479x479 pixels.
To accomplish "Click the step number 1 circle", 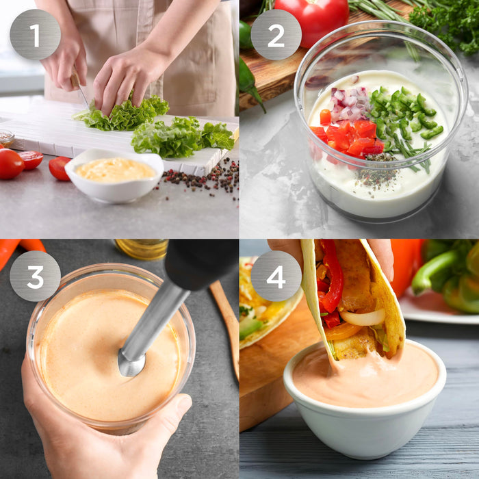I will [x=35, y=34].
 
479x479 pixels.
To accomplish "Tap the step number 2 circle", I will [x=276, y=34].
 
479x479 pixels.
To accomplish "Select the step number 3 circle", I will [x=35, y=276].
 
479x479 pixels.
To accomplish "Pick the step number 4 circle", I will [x=276, y=276].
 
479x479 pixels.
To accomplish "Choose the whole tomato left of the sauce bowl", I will [x=10, y=164].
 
